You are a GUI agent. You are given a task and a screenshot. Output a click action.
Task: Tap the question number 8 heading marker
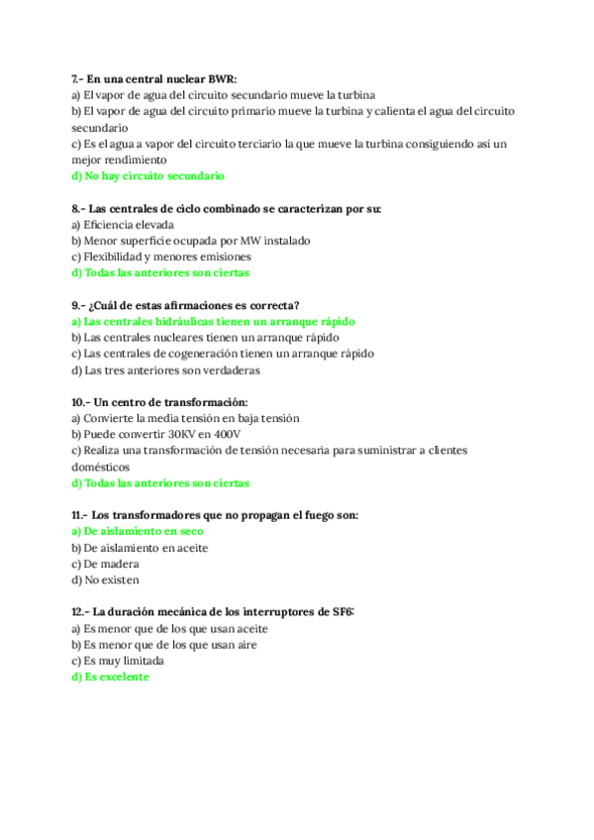tap(78, 208)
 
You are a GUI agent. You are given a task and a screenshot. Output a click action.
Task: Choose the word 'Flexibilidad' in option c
tap(118, 257)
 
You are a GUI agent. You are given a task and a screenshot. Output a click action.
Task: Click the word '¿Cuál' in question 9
tap(107, 305)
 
